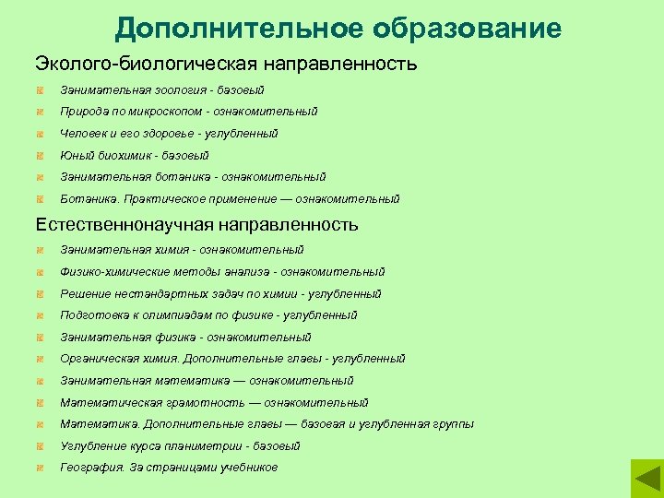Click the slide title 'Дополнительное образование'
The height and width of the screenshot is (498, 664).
pos(338,28)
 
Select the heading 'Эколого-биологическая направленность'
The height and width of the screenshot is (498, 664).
pos(226,65)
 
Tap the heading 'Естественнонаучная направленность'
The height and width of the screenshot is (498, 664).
pos(196,224)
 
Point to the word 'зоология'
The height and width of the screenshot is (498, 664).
pos(182,89)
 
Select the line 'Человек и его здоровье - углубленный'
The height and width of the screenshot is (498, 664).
pos(169,134)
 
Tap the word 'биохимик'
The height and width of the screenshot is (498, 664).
pos(115,156)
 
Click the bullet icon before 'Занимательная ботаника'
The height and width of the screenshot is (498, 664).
pos(41,177)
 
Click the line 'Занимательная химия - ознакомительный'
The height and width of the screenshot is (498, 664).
pos(182,250)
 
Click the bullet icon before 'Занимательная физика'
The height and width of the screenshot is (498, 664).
pos(41,338)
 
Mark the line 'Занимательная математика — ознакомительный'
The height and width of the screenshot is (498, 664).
pos(207,381)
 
